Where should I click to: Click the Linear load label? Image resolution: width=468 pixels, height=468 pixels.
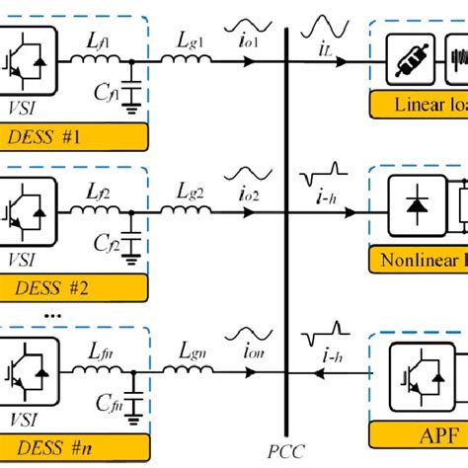click(425, 106)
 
